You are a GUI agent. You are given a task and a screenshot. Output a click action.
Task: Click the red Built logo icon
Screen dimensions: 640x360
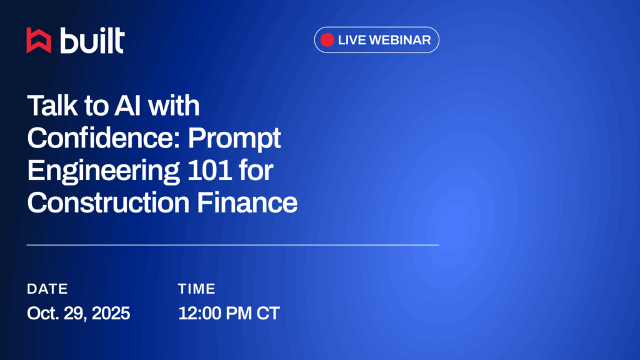39,41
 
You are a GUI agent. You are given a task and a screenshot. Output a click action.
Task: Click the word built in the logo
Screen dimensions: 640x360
92,41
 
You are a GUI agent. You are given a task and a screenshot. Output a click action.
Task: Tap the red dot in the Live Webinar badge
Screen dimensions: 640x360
327,40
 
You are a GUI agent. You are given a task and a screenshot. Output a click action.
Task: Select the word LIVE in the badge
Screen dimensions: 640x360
352,40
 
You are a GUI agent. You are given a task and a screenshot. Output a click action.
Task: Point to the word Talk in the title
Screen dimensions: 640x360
52,105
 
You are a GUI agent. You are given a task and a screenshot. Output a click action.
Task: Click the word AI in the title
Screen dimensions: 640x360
127,105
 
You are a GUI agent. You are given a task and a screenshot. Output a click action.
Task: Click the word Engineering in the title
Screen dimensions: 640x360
103,171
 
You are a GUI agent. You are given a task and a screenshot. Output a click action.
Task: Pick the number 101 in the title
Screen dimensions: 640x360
210,170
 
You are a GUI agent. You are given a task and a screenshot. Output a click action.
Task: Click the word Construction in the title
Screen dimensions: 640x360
108,202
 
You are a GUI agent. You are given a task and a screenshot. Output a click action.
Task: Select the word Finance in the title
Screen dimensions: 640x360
247,202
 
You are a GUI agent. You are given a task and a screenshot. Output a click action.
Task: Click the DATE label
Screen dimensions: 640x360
47,289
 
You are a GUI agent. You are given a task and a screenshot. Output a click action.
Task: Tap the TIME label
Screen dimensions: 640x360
197,289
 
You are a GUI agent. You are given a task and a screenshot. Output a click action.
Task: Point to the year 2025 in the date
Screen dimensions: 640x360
111,314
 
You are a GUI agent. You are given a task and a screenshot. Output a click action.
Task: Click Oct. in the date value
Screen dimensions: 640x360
43,314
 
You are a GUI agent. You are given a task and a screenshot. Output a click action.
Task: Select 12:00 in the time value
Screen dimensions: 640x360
199,314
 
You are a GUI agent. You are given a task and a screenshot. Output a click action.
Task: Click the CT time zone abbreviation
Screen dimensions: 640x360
268,314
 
